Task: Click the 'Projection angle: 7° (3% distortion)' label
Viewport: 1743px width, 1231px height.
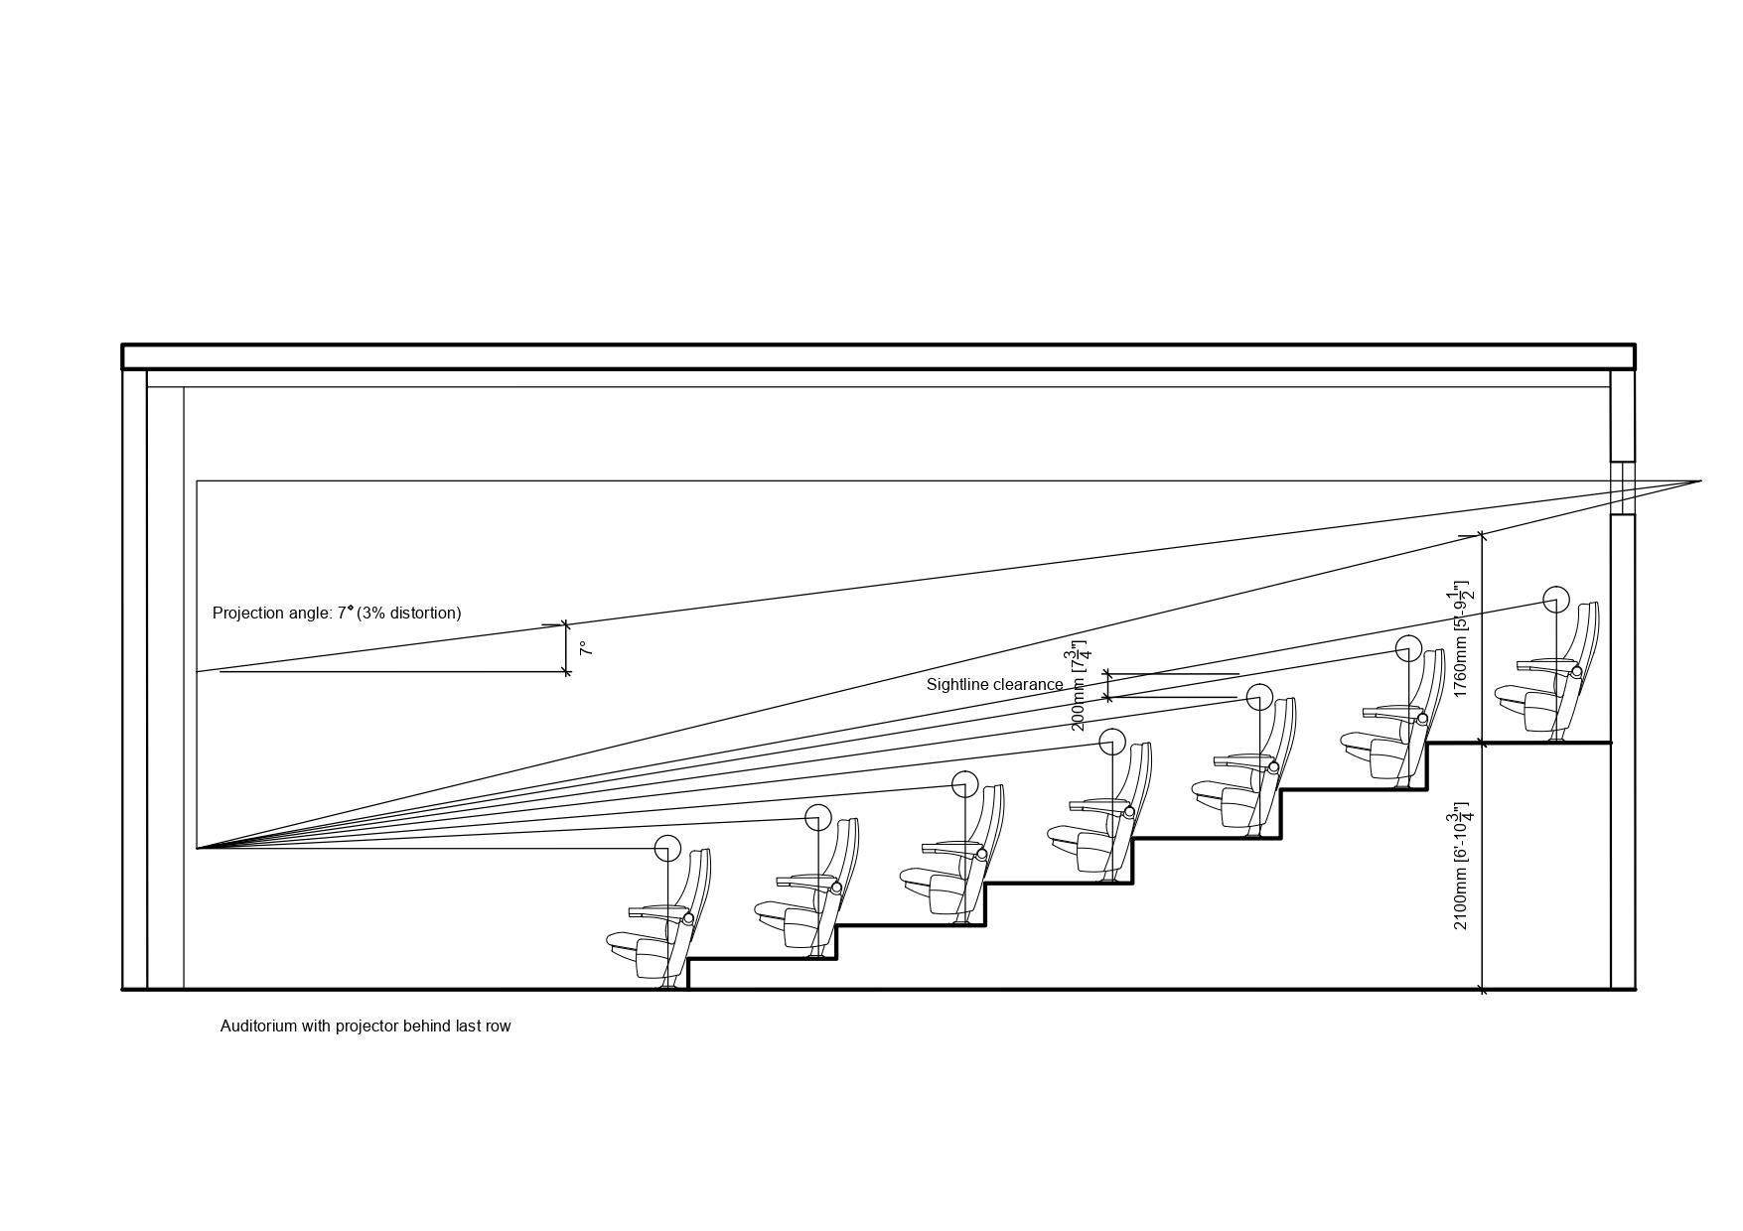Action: pyautogui.click(x=337, y=614)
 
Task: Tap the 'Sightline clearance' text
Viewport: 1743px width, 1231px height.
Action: pyautogui.click(x=994, y=685)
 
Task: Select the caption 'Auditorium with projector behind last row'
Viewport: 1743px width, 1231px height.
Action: pyautogui.click(x=365, y=1026)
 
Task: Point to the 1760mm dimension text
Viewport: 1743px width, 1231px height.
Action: pyautogui.click(x=1462, y=638)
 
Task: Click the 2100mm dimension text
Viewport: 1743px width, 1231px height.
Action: pyautogui.click(x=1462, y=866)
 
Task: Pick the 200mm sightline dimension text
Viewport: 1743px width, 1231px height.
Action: pyautogui.click(x=1079, y=686)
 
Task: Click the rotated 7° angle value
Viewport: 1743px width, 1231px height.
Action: pyautogui.click(x=586, y=648)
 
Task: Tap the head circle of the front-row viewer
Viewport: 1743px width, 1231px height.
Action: pyautogui.click(x=667, y=849)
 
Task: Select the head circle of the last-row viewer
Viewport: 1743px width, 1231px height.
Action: pyautogui.click(x=1556, y=600)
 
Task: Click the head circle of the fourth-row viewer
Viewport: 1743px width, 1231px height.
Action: pyautogui.click(x=1112, y=742)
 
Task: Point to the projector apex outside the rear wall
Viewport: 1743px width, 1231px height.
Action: pyautogui.click(x=1699, y=481)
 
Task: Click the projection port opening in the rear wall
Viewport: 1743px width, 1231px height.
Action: pyautogui.click(x=1622, y=487)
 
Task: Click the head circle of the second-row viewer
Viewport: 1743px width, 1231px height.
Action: pyautogui.click(x=817, y=817)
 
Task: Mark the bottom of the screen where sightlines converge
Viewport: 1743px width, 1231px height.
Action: pyautogui.click(x=198, y=848)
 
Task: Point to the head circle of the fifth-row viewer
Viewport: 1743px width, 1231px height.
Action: pyautogui.click(x=1259, y=696)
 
